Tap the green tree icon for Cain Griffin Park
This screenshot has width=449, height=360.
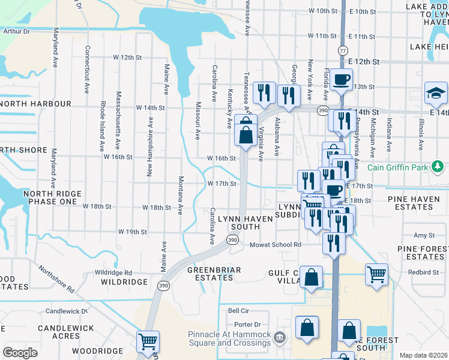438,166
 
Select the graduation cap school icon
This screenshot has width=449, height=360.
436,93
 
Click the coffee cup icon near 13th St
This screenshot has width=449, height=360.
341,79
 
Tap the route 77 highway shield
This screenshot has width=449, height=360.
342,51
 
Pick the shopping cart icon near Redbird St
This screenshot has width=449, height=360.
376,275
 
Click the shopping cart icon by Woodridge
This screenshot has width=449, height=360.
148,342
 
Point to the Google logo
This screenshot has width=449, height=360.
20,353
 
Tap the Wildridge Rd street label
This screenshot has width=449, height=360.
112,272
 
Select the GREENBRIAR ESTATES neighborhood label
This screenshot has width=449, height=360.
214,274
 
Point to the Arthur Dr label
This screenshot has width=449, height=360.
16,31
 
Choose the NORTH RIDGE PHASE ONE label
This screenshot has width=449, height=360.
50,198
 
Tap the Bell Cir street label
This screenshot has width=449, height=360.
238,311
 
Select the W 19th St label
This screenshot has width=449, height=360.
133,232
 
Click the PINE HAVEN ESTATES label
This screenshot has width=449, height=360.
418,203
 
